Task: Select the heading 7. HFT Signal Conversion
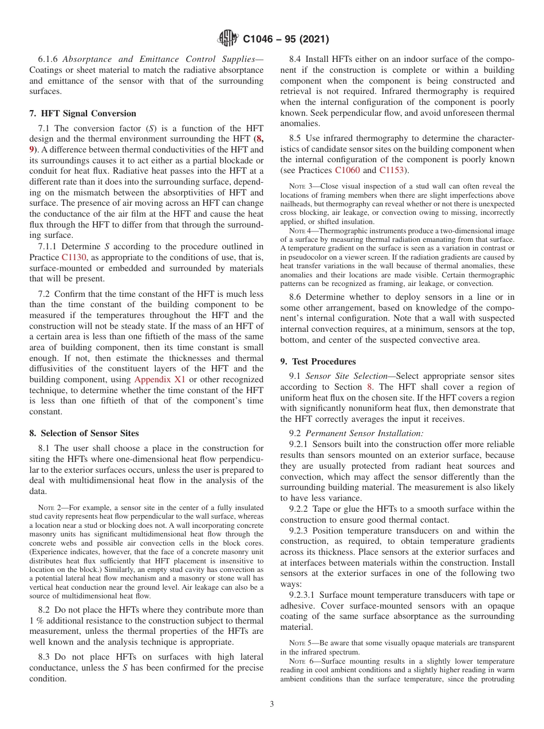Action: pos(82,113)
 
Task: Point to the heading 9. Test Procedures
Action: pos(318,362)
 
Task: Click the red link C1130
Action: pos(74,257)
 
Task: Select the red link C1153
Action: pos(392,171)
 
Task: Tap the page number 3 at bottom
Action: pos(272,704)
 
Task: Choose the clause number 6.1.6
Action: pos(49,60)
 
